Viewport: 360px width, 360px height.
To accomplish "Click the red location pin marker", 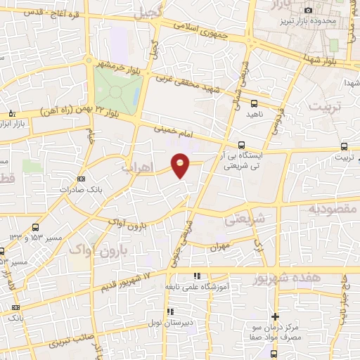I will coord(181,165).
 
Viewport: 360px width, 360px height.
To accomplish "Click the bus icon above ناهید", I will coord(254,103).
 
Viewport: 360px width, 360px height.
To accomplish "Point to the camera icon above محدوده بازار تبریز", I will coord(309,9).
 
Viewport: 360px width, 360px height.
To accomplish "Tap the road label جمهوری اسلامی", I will coord(207,31).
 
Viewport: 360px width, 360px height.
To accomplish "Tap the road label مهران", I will coord(220,246).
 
